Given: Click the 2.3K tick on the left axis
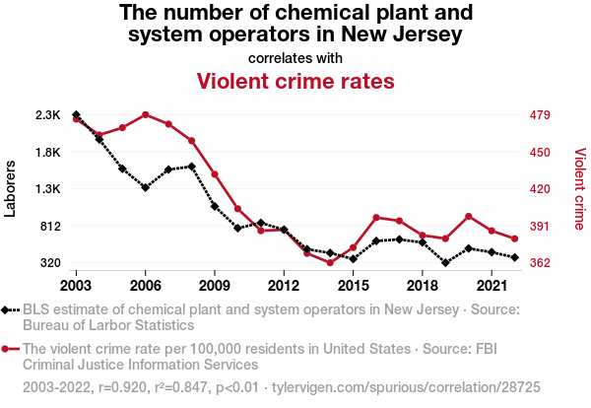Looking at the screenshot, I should click(47, 115).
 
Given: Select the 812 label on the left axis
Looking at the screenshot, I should click(49, 226).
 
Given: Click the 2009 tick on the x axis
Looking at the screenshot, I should click(215, 286).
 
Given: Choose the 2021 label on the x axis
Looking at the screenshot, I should click(492, 286).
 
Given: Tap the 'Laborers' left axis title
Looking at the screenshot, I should click(11, 189).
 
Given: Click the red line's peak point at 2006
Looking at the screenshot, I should click(145, 114).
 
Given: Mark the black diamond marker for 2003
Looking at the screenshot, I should click(76, 115).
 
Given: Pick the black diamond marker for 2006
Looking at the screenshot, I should click(145, 187).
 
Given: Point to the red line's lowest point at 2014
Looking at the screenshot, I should click(330, 262).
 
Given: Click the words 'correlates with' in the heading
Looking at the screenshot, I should click(295, 57).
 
